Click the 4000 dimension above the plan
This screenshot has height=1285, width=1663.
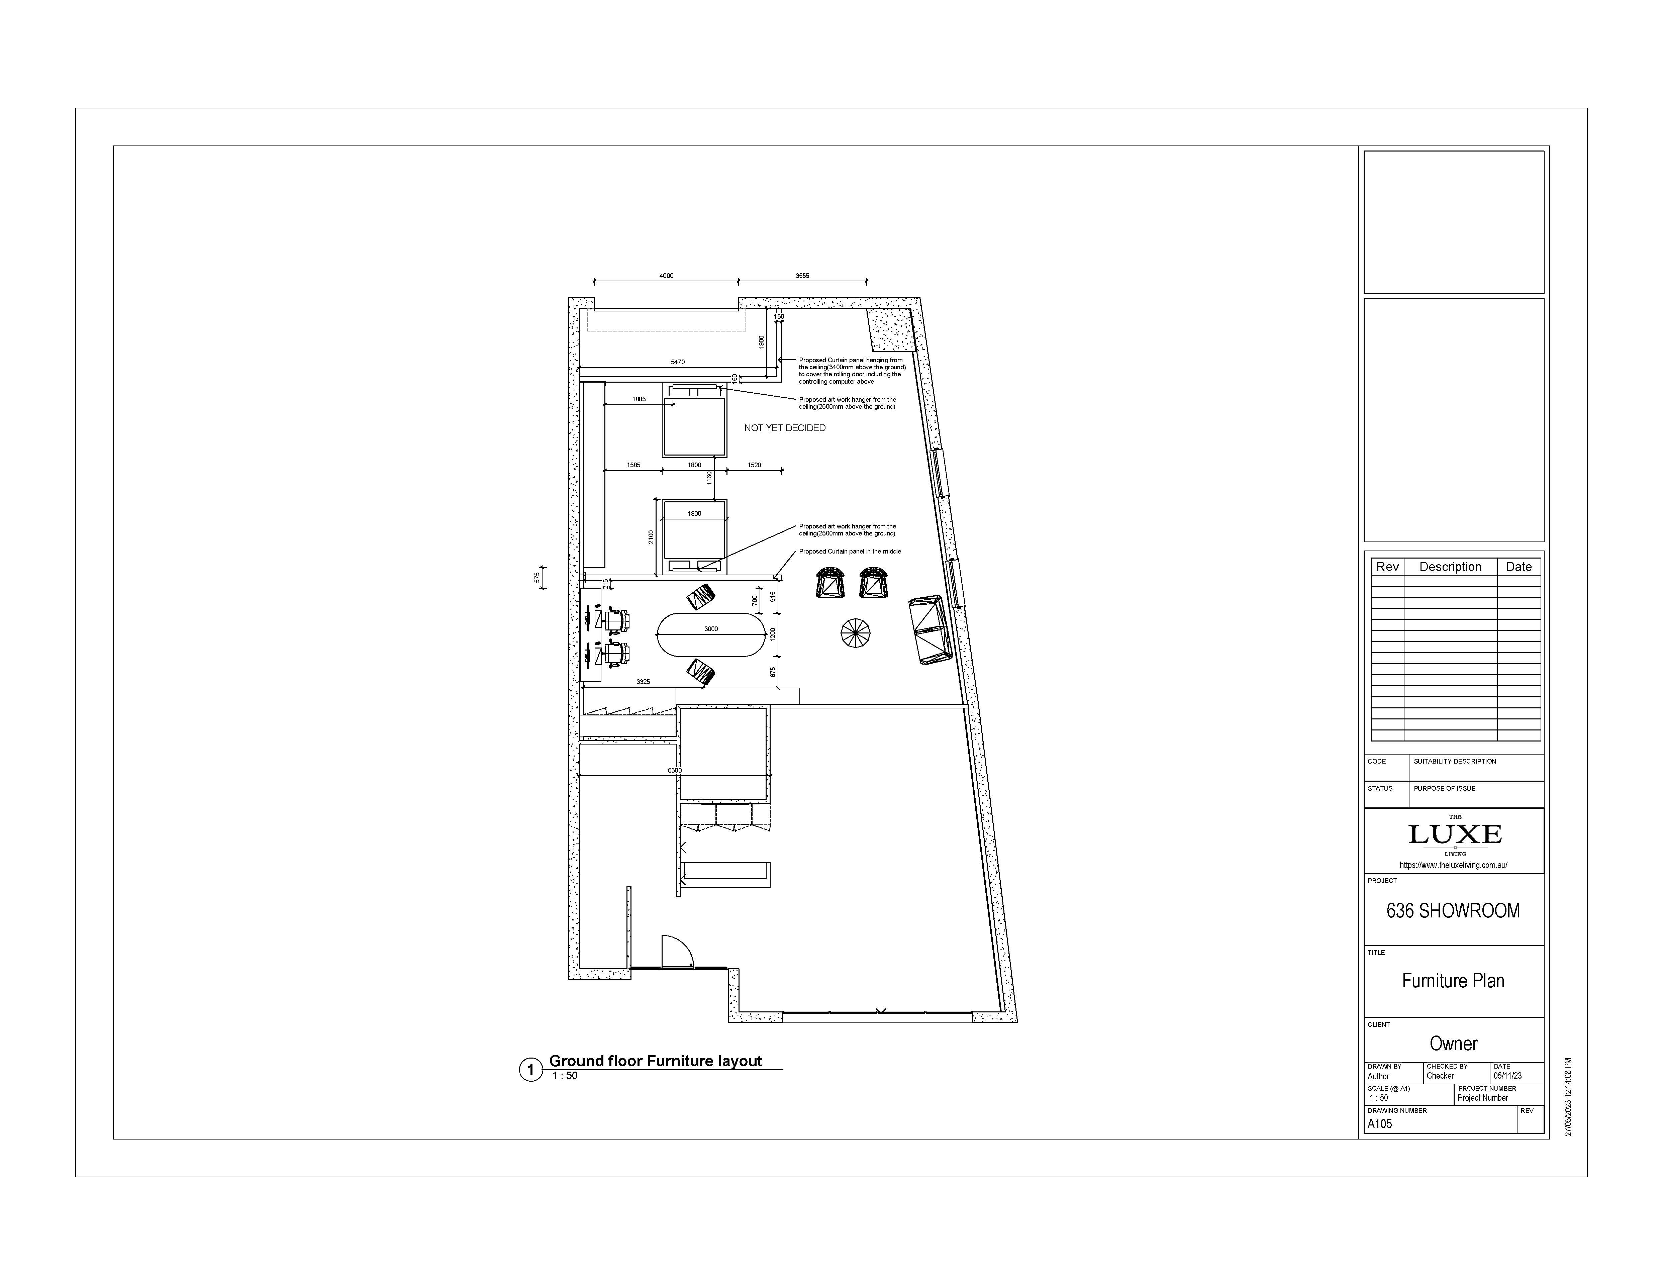pyautogui.click(x=666, y=276)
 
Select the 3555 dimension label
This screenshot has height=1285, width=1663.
pyautogui.click(x=802, y=276)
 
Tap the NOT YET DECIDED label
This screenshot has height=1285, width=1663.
pyautogui.click(x=784, y=428)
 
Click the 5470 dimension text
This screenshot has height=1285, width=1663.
pyautogui.click(x=677, y=362)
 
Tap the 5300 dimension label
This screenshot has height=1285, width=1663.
pyautogui.click(x=675, y=770)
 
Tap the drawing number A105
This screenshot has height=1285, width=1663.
pyautogui.click(x=1380, y=1123)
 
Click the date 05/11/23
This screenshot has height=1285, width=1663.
pyautogui.click(x=1508, y=1076)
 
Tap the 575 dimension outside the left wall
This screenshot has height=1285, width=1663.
pyautogui.click(x=537, y=578)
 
